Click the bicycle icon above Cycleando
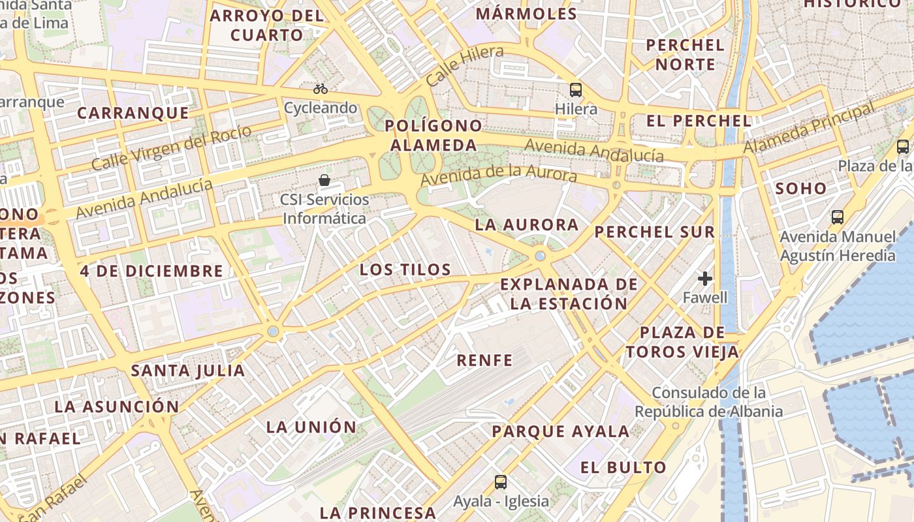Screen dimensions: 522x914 (x=320, y=89)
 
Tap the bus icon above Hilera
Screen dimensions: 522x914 (x=575, y=90)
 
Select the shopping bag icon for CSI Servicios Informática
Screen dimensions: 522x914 (x=324, y=180)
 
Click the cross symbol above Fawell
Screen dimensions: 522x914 (x=704, y=279)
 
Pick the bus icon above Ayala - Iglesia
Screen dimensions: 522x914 (x=501, y=482)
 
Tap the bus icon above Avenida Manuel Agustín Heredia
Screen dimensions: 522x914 (x=838, y=217)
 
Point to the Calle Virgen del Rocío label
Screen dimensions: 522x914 (x=171, y=148)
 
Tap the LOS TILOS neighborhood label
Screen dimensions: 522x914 (x=405, y=269)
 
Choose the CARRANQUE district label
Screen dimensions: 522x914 (x=133, y=113)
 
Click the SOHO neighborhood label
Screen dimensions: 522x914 (x=801, y=189)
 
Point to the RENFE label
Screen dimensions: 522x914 (x=484, y=360)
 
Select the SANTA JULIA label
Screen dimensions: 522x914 (x=188, y=371)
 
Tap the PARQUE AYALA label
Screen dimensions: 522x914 (x=561, y=431)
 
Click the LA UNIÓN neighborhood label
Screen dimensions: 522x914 (x=311, y=427)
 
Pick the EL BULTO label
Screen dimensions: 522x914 (x=623, y=467)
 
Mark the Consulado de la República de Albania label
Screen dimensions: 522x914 (x=708, y=402)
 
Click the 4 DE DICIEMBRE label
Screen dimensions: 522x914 (x=152, y=271)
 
